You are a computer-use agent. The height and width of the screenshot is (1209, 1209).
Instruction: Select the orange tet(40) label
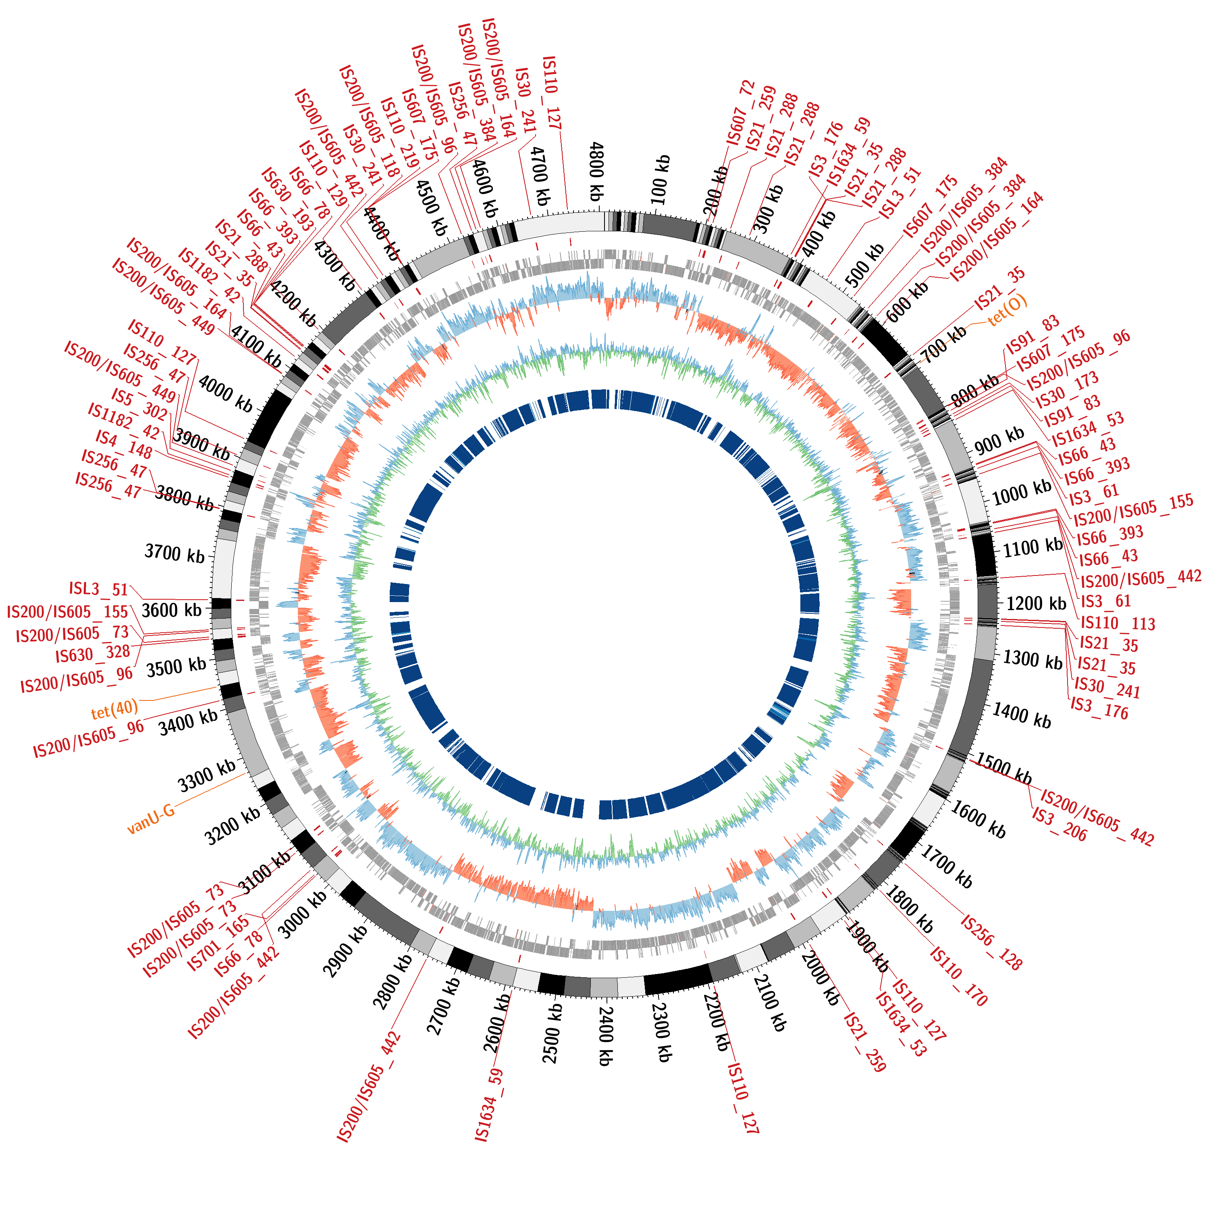[x=114, y=709]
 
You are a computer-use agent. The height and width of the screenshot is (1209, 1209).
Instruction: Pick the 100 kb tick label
[x=660, y=180]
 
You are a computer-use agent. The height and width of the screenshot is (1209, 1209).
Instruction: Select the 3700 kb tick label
[x=174, y=553]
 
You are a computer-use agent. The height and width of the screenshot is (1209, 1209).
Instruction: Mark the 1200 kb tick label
[x=1036, y=603]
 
